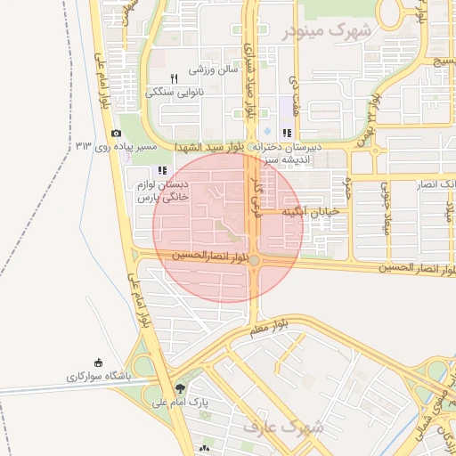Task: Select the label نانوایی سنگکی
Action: [175, 92]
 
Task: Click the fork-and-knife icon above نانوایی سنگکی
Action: [175, 77]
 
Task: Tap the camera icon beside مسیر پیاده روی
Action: [117, 133]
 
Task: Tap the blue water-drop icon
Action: [267, 132]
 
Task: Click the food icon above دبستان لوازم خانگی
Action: [161, 170]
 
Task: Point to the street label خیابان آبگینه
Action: [313, 212]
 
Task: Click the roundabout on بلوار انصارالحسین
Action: [255, 260]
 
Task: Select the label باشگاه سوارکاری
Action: [98, 377]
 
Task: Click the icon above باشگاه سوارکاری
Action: [99, 363]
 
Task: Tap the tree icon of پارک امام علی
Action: [182, 388]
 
